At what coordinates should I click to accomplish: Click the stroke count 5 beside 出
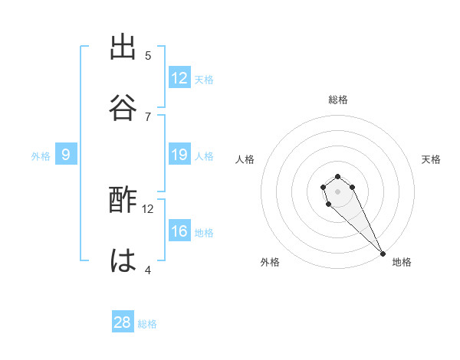148,56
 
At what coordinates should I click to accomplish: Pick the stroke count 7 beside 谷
148,116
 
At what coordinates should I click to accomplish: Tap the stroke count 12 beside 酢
148,208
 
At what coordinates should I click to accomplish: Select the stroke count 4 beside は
148,270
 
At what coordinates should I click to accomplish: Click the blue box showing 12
179,78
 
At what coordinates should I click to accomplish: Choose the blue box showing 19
179,155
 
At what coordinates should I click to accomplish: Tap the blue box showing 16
179,231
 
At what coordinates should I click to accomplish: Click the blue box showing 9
66,155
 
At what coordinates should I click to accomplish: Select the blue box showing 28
123,322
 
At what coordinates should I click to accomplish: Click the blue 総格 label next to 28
147,324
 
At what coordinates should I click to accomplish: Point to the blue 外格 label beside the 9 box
41,156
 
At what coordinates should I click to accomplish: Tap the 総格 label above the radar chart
337,100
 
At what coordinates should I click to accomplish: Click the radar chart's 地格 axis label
402,262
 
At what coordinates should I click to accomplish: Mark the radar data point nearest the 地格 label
383,253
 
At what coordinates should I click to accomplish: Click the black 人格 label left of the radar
245,159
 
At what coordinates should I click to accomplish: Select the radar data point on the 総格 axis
337,177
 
